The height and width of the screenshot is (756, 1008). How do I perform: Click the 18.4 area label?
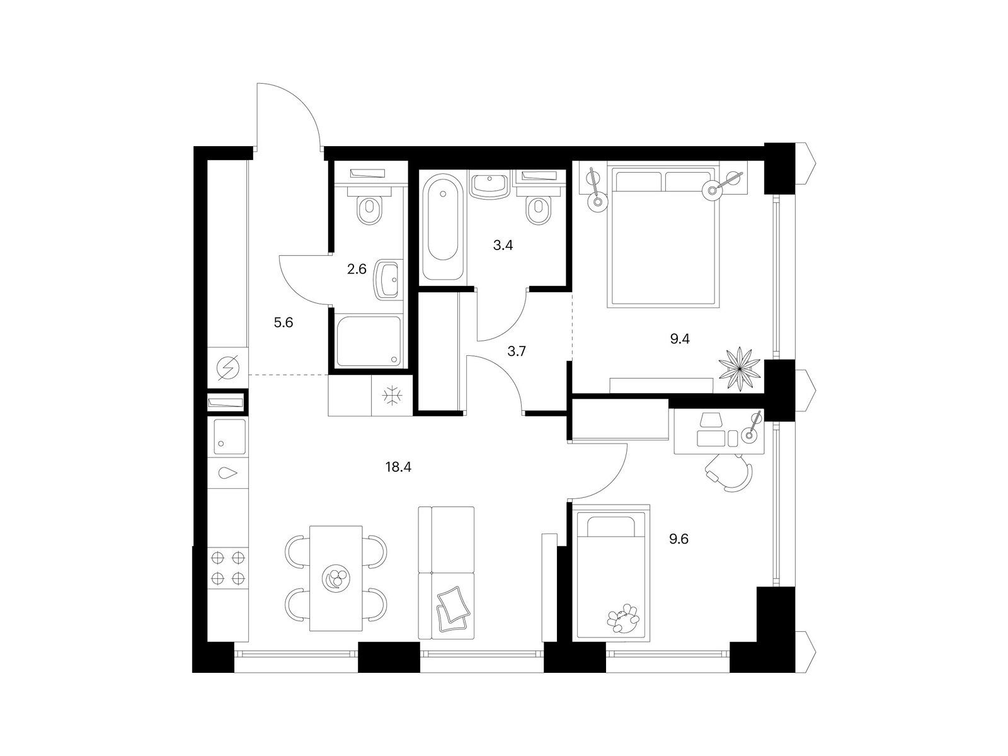pyautogui.click(x=398, y=467)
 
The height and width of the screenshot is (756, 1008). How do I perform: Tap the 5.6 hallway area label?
pyautogui.click(x=283, y=323)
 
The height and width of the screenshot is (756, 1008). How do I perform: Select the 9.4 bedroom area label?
pyautogui.click(x=680, y=339)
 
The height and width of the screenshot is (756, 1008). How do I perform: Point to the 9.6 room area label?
pyautogui.click(x=679, y=539)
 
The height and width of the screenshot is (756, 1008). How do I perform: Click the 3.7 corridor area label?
pyautogui.click(x=517, y=352)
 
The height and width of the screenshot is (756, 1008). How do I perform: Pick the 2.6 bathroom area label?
pyautogui.click(x=357, y=269)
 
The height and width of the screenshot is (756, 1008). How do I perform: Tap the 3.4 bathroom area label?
pyautogui.click(x=503, y=246)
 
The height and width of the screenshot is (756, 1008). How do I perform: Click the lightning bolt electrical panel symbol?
pyautogui.click(x=228, y=368)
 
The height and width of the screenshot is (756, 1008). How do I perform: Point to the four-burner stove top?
pyautogui.click(x=227, y=568)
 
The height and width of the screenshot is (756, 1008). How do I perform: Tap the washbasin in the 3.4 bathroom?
pyautogui.click(x=490, y=185)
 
